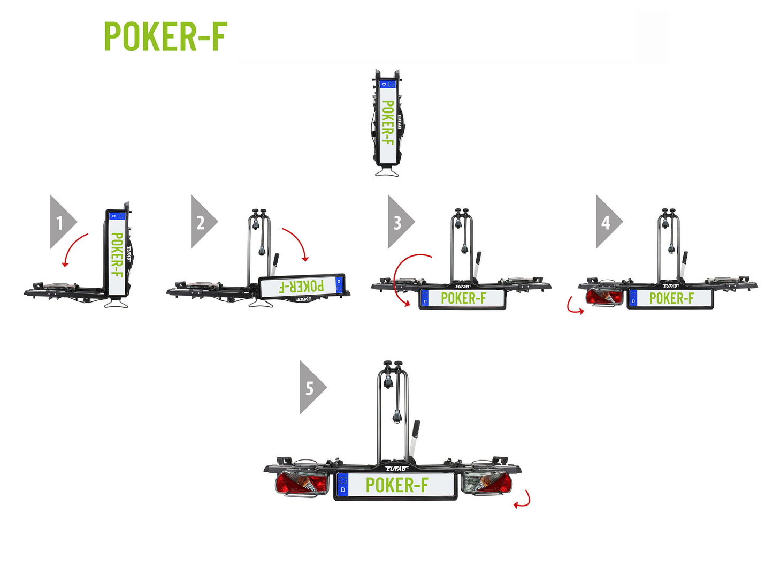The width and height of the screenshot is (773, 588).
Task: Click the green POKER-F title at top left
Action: coord(165,36)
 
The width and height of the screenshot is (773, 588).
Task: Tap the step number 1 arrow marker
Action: coord(61,222)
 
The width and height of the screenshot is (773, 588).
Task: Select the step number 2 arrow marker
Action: coord(202,222)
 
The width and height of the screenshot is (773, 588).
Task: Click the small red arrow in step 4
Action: coord(575,307)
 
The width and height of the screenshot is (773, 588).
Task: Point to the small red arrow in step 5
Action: coord(523,500)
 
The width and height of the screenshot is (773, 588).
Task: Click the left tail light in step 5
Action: coord(301,484)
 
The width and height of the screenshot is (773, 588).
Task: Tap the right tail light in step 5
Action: coord(486,484)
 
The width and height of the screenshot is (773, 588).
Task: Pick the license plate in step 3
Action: coord(463,298)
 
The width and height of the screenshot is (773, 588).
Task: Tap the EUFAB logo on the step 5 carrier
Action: coord(397,469)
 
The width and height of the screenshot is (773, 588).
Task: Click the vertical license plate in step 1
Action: coord(116,254)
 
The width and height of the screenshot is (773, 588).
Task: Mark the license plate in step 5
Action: coord(396,485)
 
